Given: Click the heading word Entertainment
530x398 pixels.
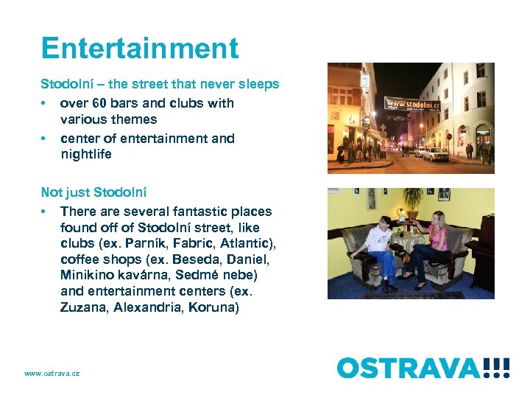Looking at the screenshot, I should pyautogui.click(x=140, y=49).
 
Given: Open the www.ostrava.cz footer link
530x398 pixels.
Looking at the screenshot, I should pyautogui.click(x=52, y=374).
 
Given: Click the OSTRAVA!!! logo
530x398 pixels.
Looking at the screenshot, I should pyautogui.click(x=423, y=367).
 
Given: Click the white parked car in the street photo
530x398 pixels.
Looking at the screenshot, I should pyautogui.click(x=435, y=154).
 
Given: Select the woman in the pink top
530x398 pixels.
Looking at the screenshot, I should pyautogui.click(x=435, y=242).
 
